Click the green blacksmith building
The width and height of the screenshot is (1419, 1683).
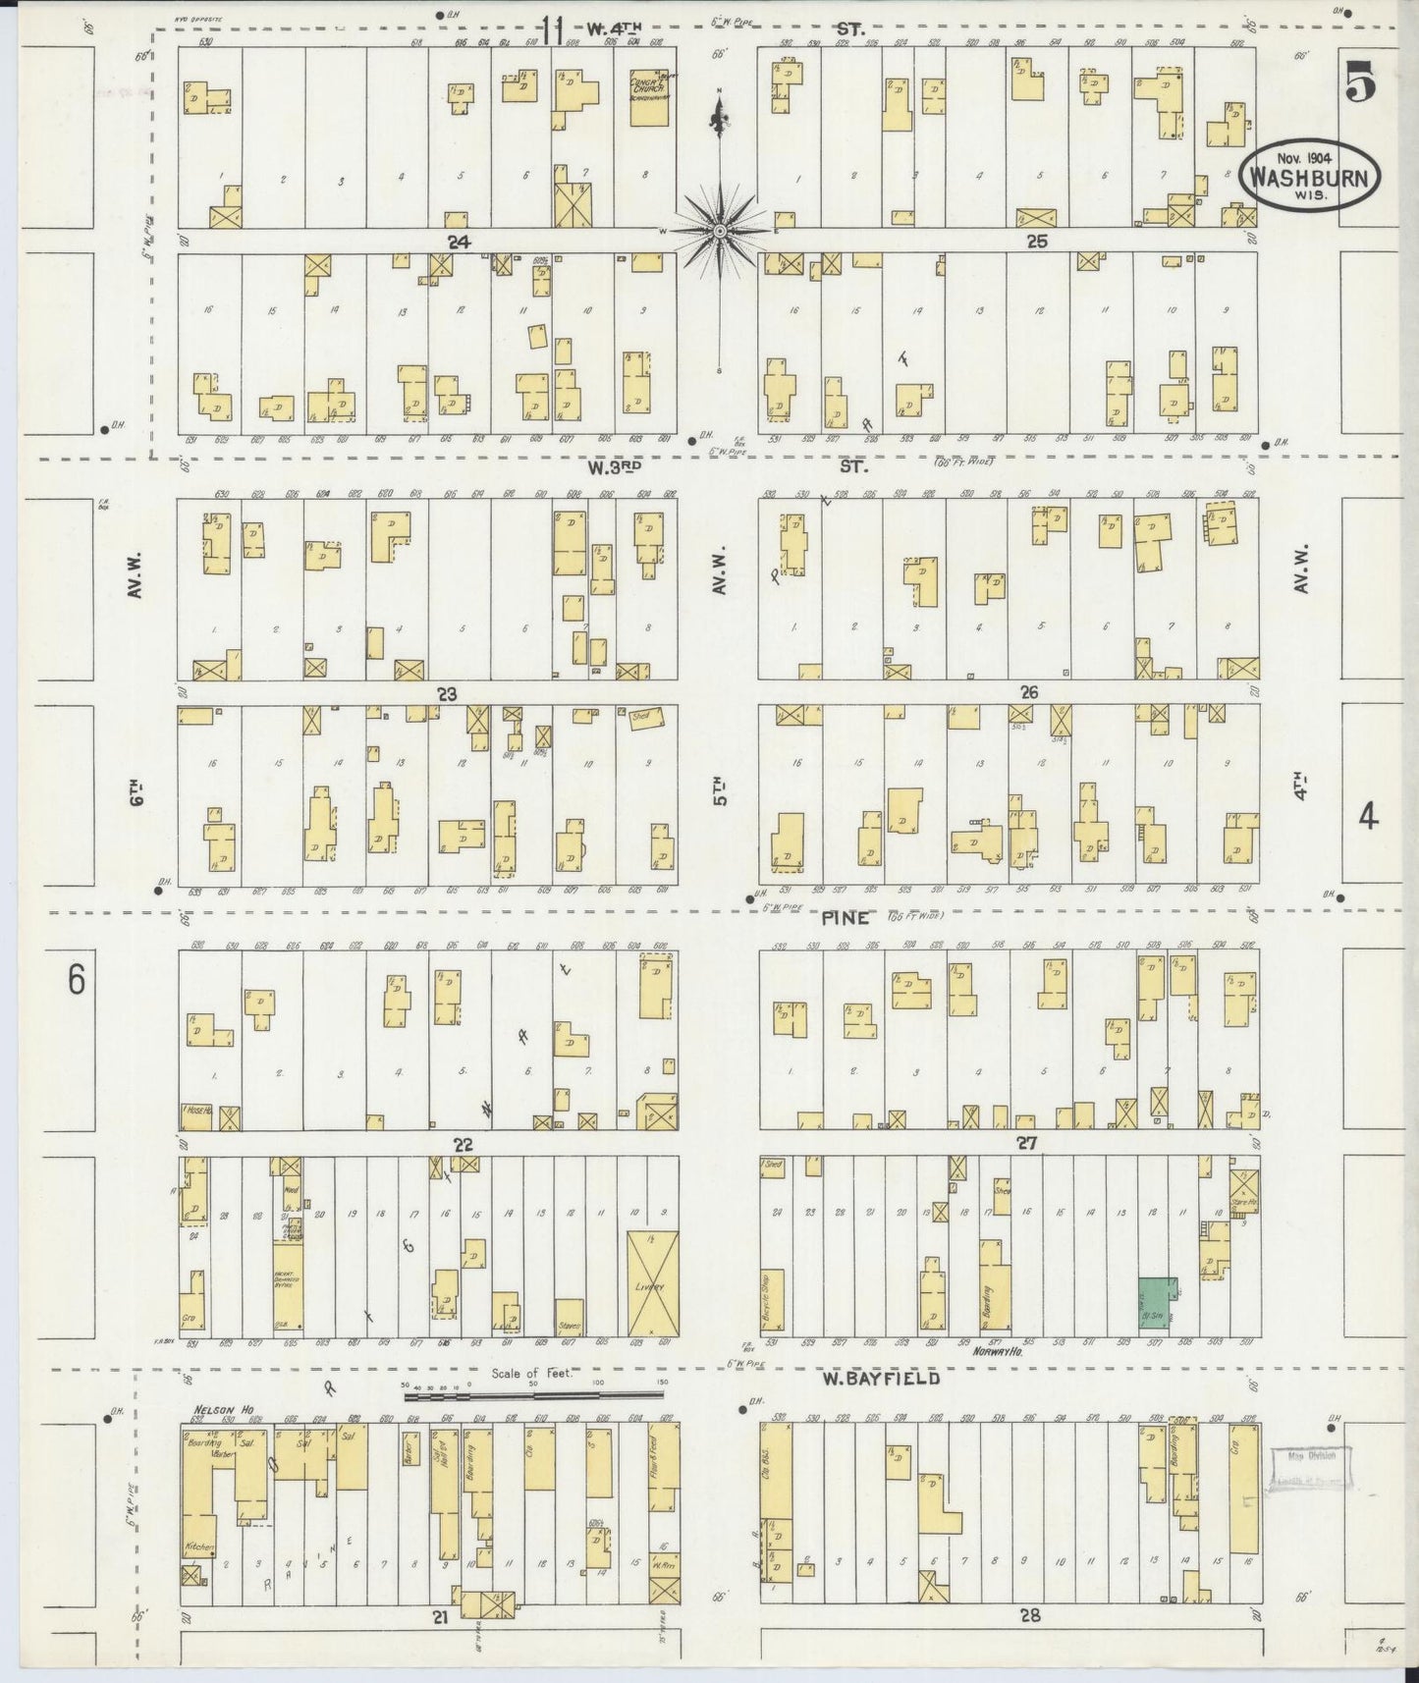[1156, 1304]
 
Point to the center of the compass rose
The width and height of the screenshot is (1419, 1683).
[720, 231]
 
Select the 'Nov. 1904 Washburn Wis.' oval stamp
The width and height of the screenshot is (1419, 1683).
[1310, 175]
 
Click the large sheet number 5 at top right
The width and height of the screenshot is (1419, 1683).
[1359, 82]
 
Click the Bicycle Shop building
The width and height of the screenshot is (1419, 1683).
[772, 1301]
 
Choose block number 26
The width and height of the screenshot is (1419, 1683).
[1028, 692]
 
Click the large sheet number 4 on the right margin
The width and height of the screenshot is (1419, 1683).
[1368, 815]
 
